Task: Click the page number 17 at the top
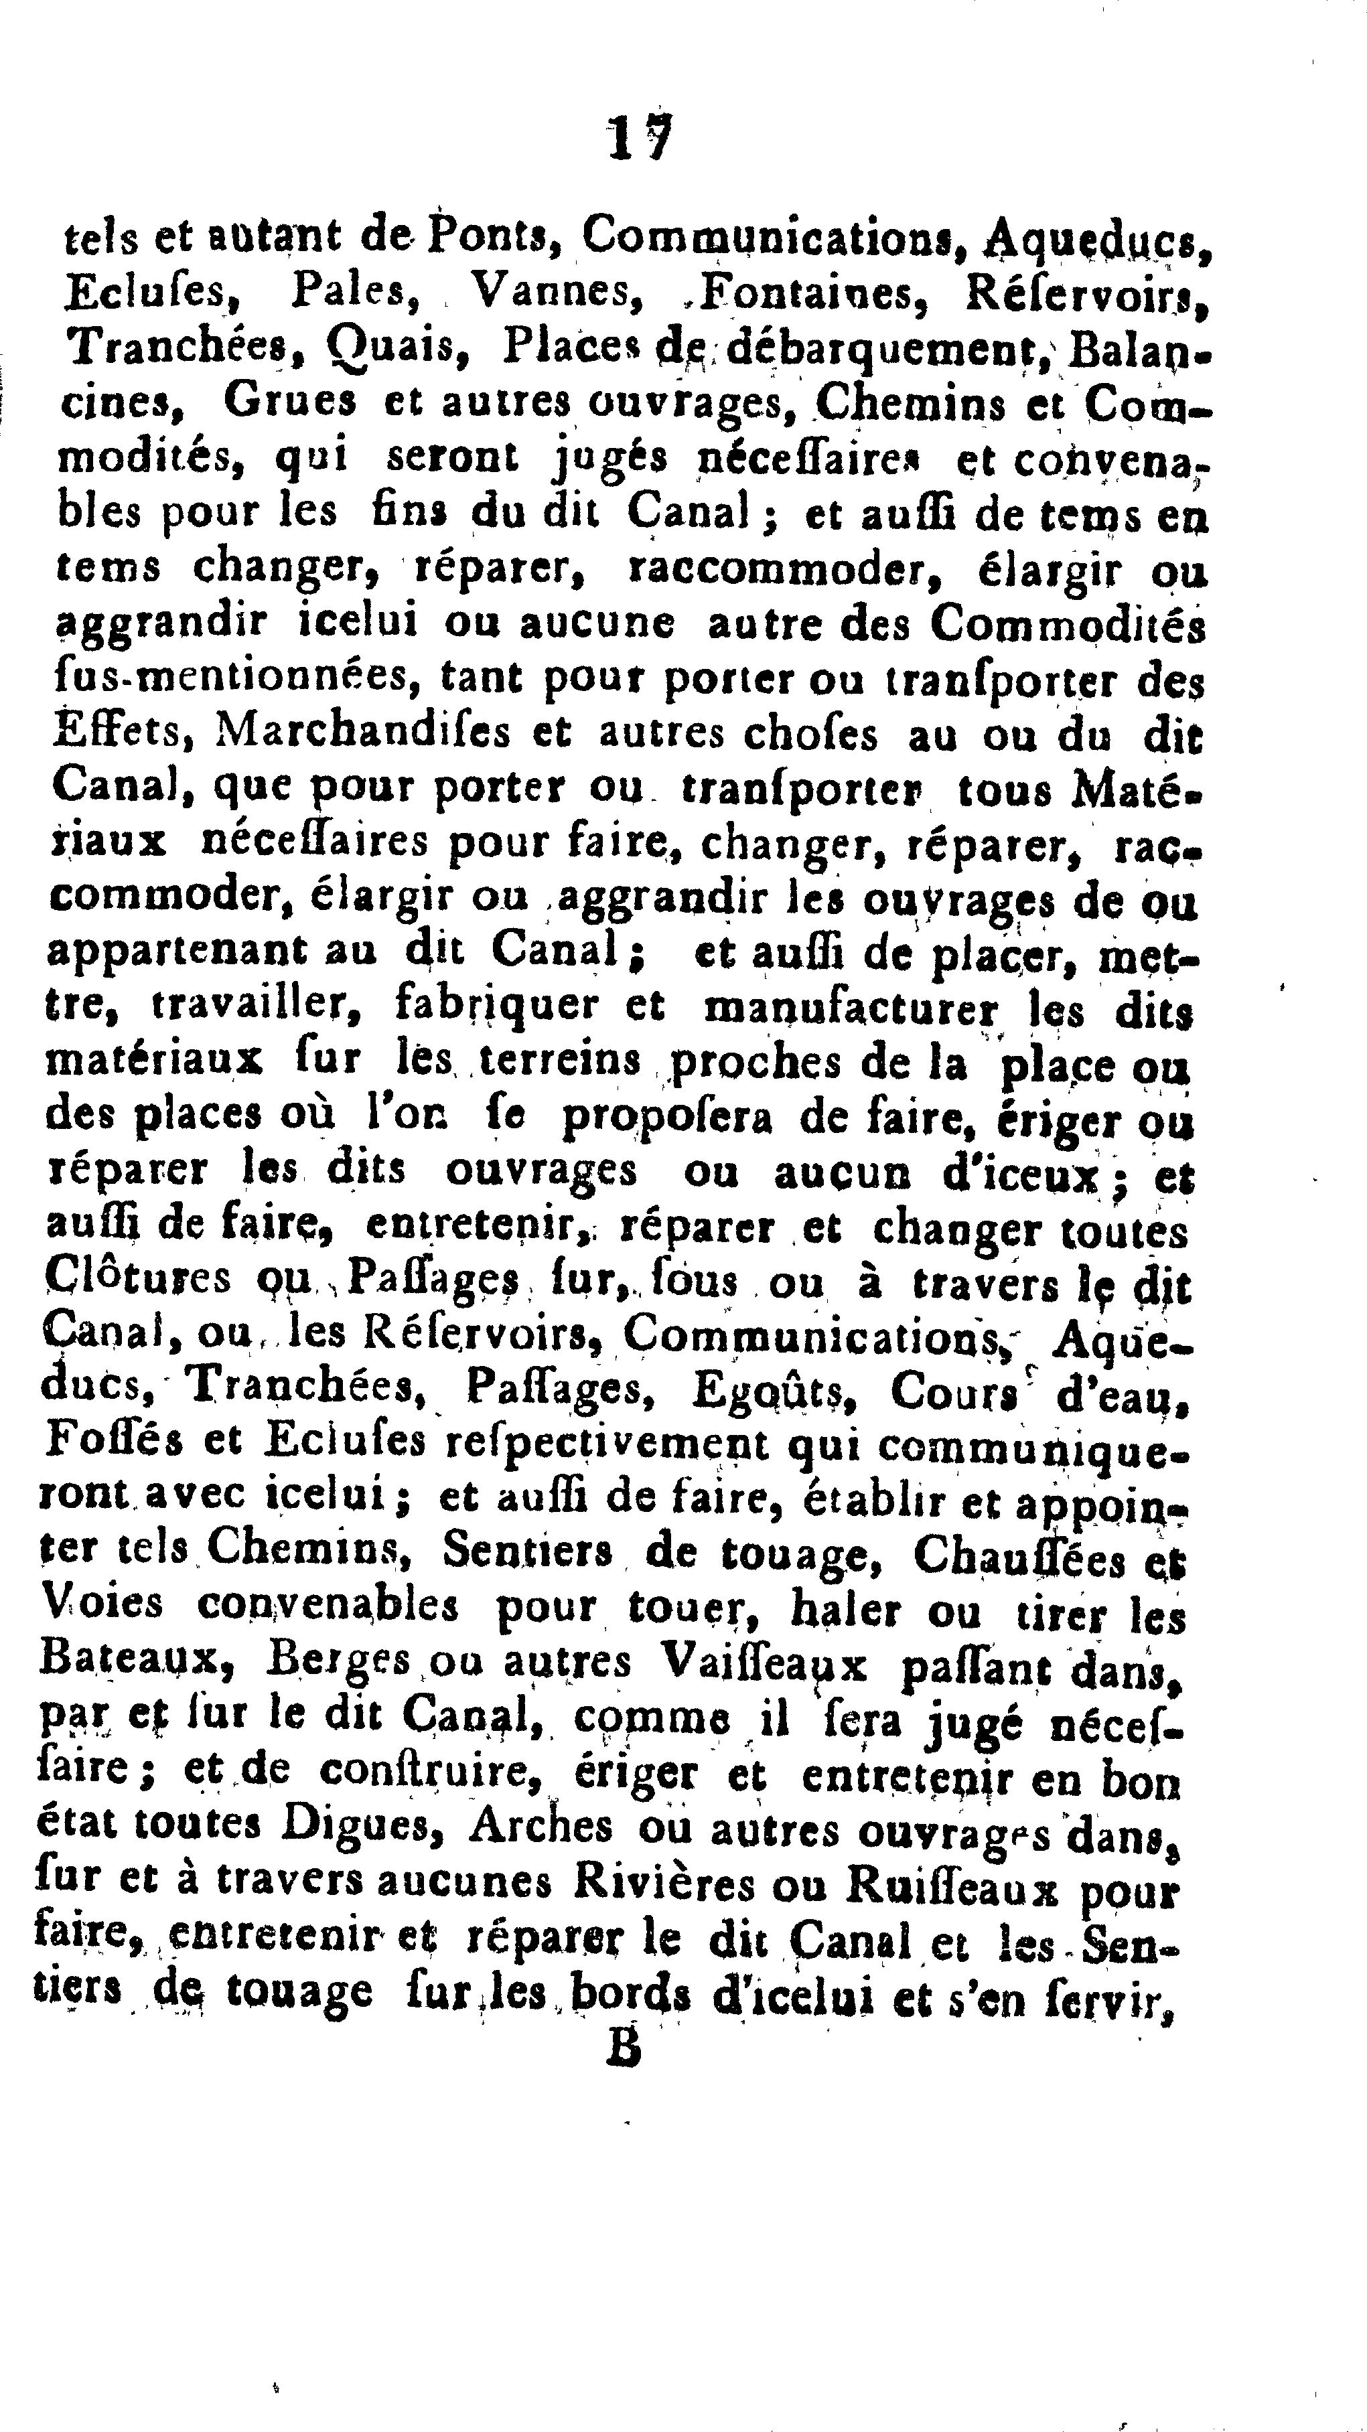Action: click(639, 140)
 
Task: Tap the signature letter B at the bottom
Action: click(625, 2046)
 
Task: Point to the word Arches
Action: click(542, 1826)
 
